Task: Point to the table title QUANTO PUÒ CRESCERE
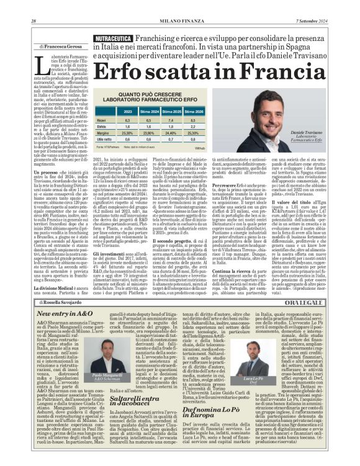tap(149, 94)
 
